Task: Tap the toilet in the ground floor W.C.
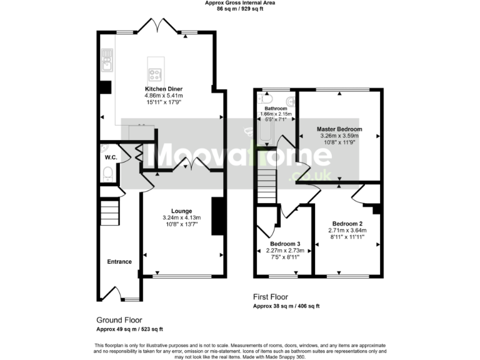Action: click(107, 172)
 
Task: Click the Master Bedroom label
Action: click(339, 129)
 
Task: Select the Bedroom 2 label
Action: click(347, 223)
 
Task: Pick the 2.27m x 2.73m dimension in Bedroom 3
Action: click(285, 250)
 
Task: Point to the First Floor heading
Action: click(270, 297)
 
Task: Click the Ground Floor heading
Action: click(119, 319)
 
